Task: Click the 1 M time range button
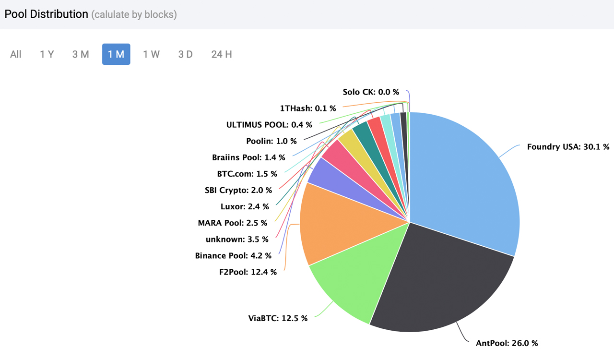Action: (x=116, y=54)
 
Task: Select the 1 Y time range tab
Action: (x=47, y=54)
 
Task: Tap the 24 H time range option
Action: (x=222, y=54)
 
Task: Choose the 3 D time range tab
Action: (x=185, y=54)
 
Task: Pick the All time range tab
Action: (x=16, y=54)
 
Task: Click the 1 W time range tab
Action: (x=151, y=54)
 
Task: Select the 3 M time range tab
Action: (x=81, y=54)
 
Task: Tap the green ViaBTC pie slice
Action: (x=355, y=283)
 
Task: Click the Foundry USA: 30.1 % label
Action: (x=568, y=147)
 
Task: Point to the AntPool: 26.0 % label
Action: (x=507, y=343)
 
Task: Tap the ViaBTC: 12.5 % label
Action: (x=278, y=318)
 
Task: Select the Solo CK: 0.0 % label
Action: (x=371, y=92)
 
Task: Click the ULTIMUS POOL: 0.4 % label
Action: (x=269, y=125)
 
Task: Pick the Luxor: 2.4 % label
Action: (x=245, y=206)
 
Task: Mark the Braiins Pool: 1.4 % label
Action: (x=248, y=157)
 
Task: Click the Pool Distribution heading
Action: (x=46, y=14)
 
